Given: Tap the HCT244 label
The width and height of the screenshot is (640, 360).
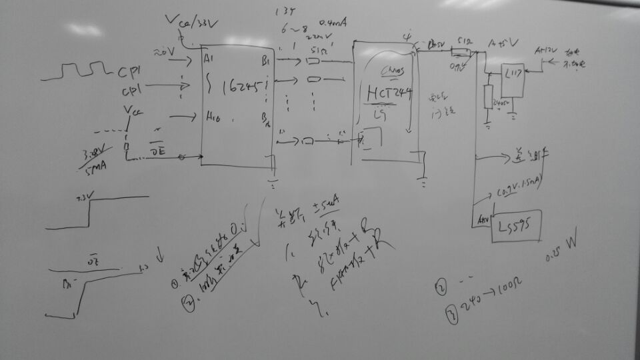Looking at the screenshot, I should click(x=389, y=94).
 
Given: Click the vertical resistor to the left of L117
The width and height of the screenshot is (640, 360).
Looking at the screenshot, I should click(x=487, y=95).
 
